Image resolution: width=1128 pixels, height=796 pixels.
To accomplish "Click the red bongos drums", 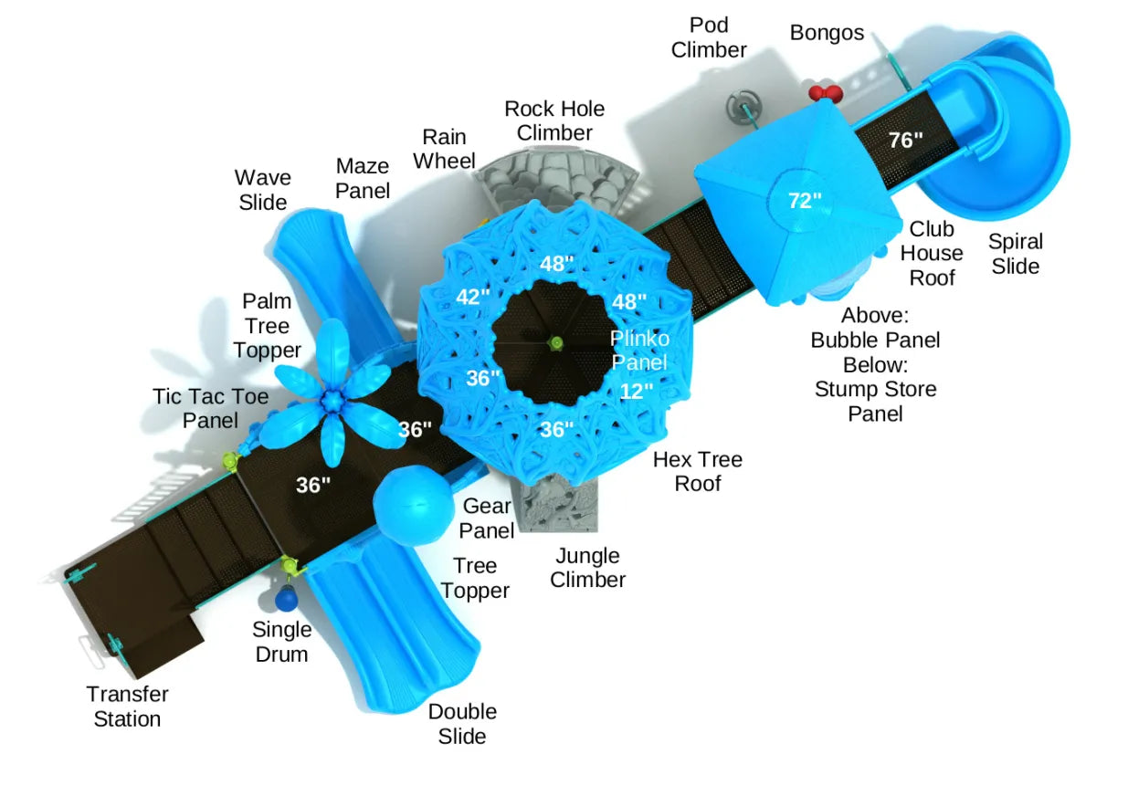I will [x=825, y=92].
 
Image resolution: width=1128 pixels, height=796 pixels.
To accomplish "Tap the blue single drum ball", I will [x=287, y=599].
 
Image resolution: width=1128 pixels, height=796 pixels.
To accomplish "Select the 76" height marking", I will [x=906, y=141].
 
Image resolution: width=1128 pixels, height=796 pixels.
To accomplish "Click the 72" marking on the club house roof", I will [x=805, y=201].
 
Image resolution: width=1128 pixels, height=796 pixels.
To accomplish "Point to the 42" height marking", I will [x=474, y=296].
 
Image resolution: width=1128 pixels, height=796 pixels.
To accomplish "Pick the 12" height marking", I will [x=637, y=392].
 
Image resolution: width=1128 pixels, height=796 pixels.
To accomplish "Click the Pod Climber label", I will [x=709, y=37].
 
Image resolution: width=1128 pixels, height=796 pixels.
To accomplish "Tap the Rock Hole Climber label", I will [x=554, y=120].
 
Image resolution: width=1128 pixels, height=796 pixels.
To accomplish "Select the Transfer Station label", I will [x=127, y=706].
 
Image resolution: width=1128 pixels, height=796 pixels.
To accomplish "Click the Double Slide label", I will [x=462, y=723].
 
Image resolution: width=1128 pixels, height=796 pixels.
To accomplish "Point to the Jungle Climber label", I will [x=588, y=568].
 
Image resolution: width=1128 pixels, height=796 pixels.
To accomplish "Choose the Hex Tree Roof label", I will [x=698, y=471].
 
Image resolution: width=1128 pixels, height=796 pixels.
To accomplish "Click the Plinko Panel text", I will [x=640, y=350].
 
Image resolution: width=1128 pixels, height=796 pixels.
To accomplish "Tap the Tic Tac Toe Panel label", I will [x=210, y=408].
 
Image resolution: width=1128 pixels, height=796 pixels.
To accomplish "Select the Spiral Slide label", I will [x=1015, y=254].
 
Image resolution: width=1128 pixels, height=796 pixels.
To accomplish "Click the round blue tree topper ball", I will [x=414, y=505].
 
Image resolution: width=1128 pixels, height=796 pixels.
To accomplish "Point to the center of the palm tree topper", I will [x=332, y=399].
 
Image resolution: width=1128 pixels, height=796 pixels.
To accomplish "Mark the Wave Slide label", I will [x=263, y=190].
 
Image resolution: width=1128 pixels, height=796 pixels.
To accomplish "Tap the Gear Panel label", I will [x=487, y=518].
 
